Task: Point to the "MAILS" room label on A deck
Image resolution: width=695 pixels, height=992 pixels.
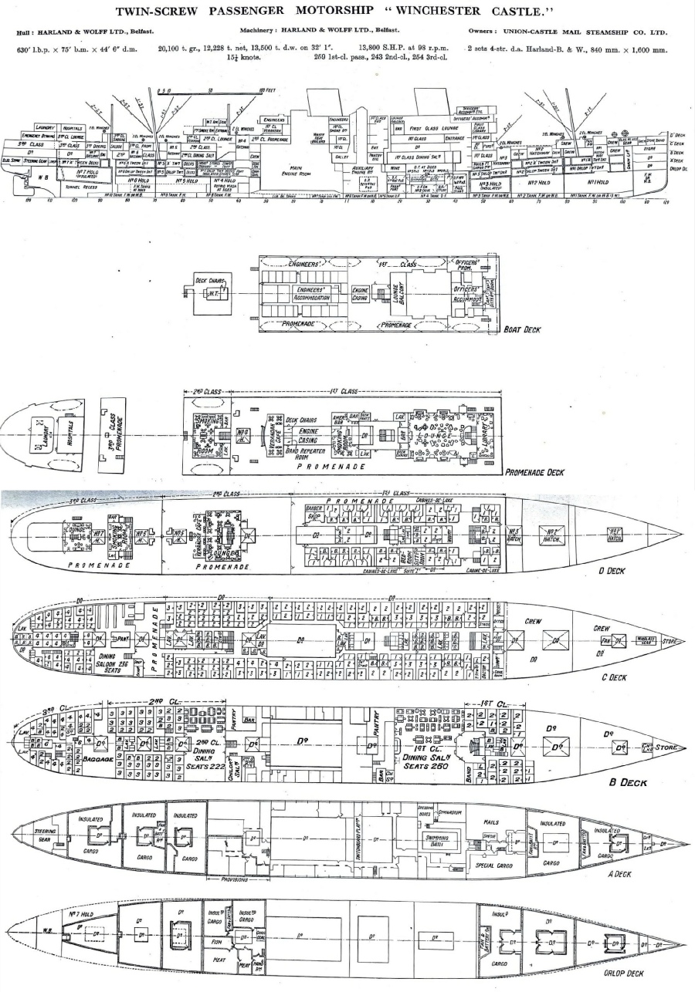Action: pos(493,822)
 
